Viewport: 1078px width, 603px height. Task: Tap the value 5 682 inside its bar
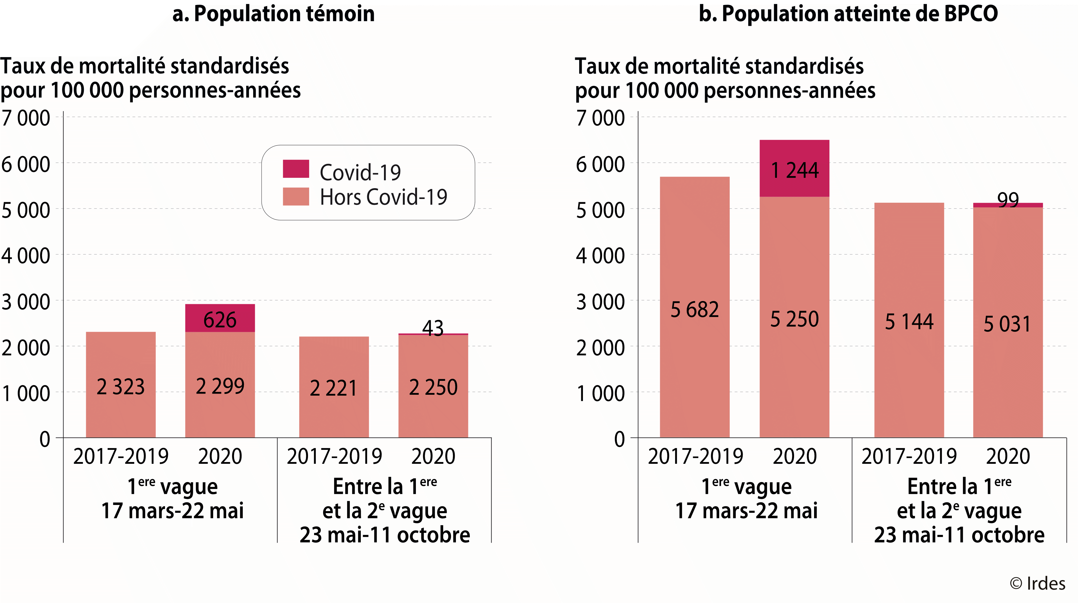point(694,310)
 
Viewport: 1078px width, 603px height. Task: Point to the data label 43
point(432,328)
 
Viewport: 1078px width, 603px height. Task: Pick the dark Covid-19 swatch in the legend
point(296,169)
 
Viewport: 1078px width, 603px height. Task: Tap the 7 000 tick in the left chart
point(26,118)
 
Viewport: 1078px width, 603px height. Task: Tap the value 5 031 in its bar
point(1007,324)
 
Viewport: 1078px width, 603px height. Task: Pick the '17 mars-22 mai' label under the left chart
point(172,510)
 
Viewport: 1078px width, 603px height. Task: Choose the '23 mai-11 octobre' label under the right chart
point(959,535)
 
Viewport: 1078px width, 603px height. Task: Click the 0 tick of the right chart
point(619,439)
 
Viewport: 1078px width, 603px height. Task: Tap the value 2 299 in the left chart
point(220,386)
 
